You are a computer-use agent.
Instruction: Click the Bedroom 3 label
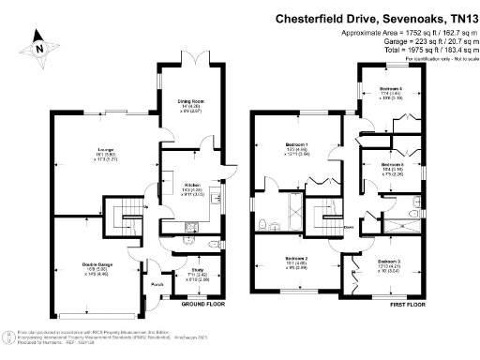[x=389, y=264]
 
